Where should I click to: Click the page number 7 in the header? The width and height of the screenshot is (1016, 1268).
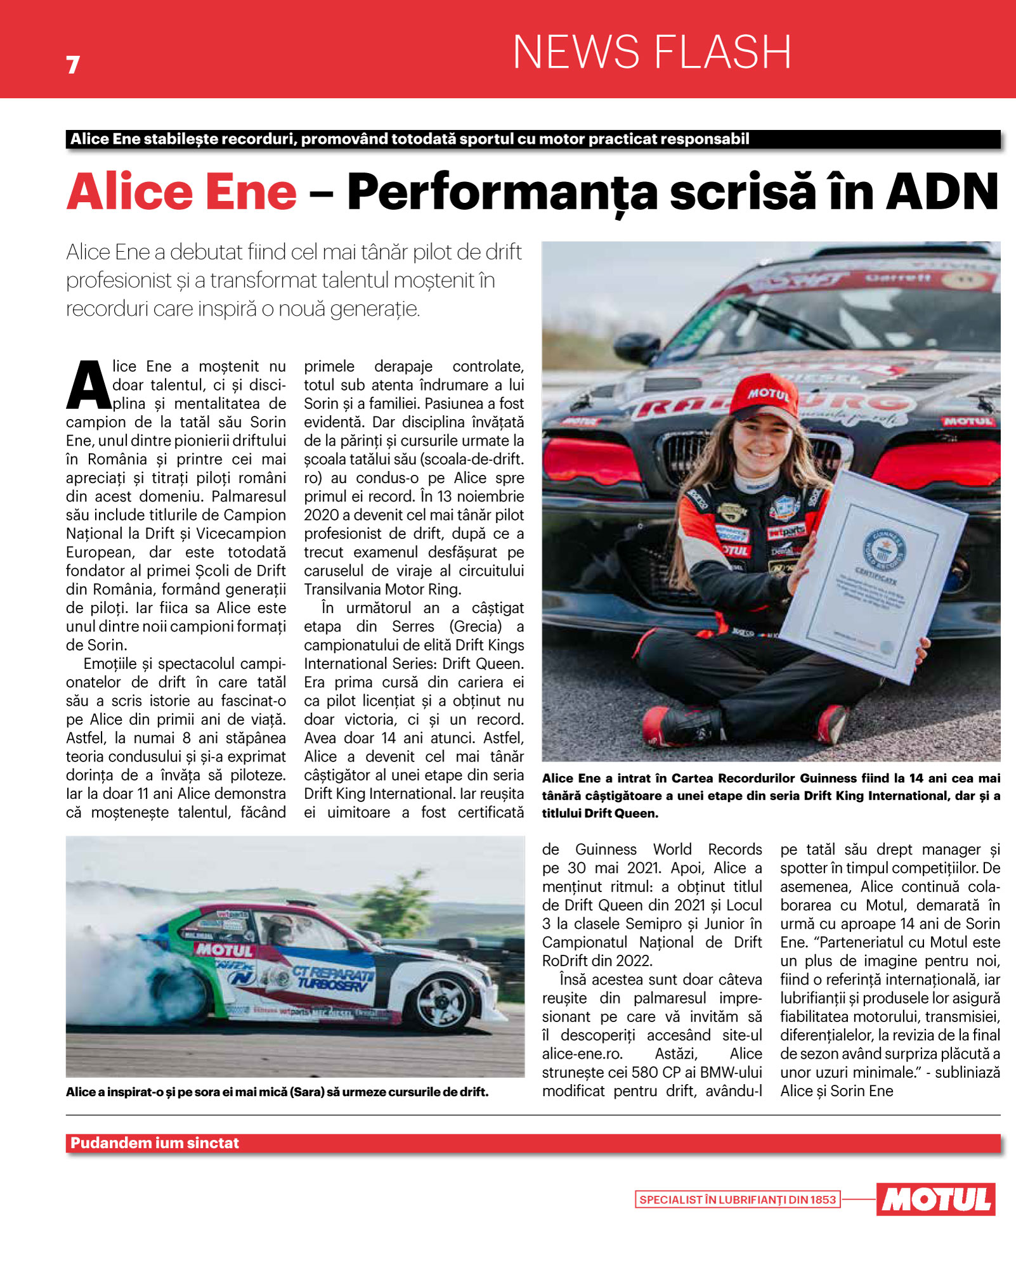[73, 65]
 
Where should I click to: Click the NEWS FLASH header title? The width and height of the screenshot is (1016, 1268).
[652, 52]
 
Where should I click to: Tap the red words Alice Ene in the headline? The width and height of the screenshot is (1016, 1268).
[182, 192]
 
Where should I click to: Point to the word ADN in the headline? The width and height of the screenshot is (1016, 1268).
[942, 192]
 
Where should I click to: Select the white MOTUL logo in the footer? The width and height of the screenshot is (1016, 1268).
[935, 1199]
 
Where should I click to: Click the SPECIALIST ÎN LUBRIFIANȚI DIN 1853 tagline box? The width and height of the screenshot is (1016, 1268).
[738, 1200]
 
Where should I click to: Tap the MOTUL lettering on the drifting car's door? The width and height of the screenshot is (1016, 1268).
[225, 950]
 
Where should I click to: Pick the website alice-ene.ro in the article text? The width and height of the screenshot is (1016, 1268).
[582, 1054]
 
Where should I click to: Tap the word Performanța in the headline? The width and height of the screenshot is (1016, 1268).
[502, 192]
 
